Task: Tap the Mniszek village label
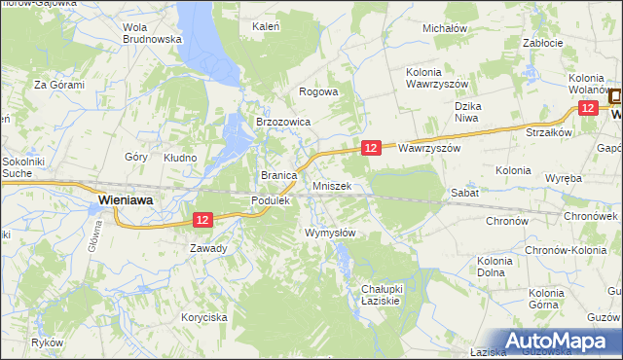tap(339, 185)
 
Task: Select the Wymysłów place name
tap(330, 233)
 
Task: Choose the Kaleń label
tap(267, 27)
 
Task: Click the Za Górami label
tap(59, 85)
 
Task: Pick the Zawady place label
tap(208, 248)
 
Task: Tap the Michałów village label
tap(445, 28)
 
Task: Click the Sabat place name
tap(462, 194)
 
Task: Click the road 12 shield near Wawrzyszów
tap(370, 147)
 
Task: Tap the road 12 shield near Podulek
tap(202, 221)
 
